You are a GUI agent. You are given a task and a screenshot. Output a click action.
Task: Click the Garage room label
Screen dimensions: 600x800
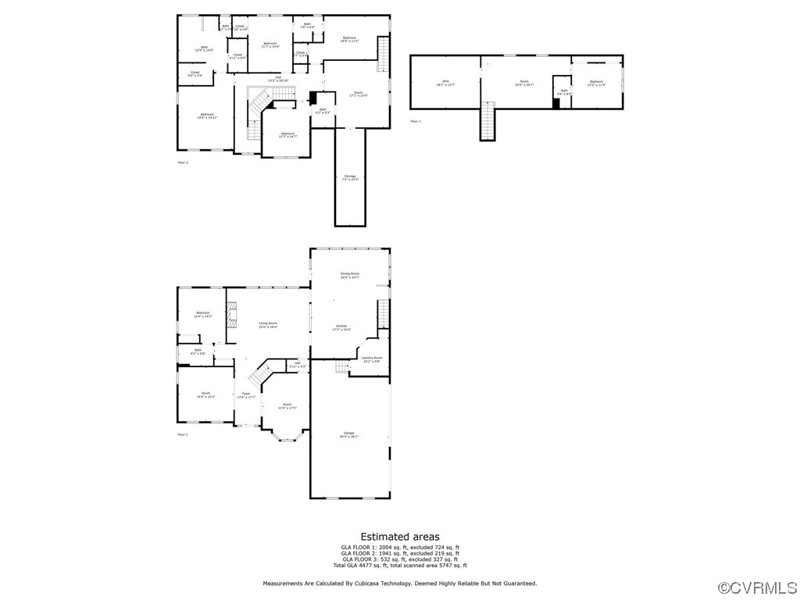tap(349, 434)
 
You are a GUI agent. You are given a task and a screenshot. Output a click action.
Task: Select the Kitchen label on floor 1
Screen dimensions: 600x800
tap(341, 327)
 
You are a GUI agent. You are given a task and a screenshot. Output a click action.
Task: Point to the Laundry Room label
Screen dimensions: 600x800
tap(372, 359)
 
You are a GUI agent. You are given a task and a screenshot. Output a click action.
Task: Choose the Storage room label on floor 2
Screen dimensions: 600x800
tap(350, 177)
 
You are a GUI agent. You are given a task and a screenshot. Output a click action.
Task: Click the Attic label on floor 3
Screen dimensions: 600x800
tap(445, 82)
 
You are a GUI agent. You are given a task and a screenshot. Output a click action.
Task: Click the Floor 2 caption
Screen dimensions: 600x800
tap(183, 162)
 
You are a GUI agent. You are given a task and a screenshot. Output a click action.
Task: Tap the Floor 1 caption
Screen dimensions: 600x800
tap(183, 434)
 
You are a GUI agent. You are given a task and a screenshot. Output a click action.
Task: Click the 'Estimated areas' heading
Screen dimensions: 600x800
tap(400, 537)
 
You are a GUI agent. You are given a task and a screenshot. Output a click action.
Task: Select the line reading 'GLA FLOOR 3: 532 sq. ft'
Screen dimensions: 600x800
tap(400, 559)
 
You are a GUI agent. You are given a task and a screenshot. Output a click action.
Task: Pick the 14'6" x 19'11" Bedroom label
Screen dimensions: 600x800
tap(206, 116)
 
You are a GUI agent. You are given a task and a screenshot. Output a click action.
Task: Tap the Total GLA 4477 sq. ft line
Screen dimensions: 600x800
tap(400, 565)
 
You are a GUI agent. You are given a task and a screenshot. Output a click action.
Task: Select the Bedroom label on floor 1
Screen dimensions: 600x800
tap(203, 315)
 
